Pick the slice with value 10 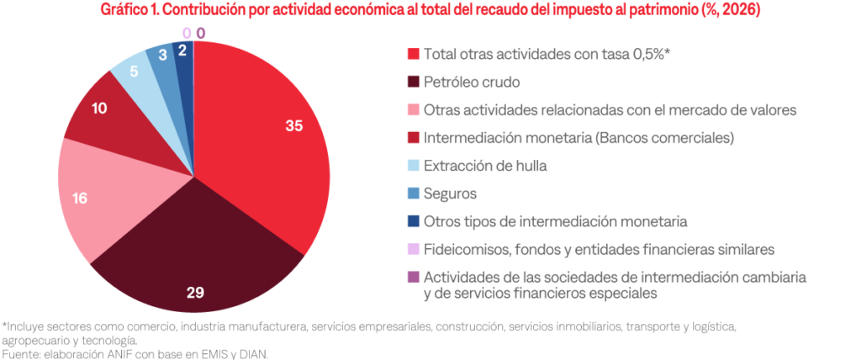105,114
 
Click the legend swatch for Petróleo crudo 414,82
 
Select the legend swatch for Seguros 414,193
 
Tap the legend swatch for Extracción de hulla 414,166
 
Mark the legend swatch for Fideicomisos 414,249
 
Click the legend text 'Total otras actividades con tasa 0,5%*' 547,55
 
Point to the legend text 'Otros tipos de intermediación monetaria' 556,221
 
